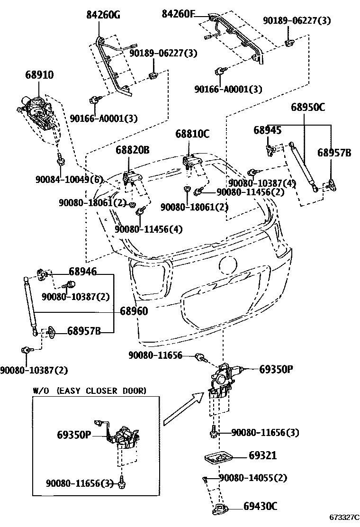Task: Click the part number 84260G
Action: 103,15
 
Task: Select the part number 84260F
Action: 178,14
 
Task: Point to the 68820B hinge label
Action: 133,151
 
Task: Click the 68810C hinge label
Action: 192,134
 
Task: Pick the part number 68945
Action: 267,130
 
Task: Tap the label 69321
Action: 262,456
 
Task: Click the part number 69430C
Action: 261,506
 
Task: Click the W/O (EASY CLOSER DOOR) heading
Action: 89,391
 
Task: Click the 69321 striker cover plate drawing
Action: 218,458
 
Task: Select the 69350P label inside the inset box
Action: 74,435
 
